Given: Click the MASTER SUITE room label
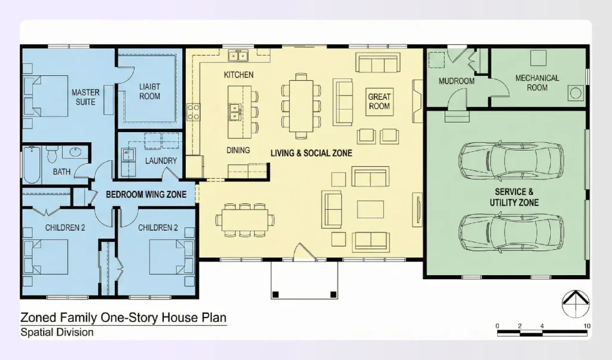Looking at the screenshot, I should (85, 97).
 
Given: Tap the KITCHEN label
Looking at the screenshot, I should (238, 75).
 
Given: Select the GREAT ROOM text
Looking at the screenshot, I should (379, 101).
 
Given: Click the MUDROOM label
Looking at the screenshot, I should (456, 81).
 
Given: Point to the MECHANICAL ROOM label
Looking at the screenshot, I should (537, 83).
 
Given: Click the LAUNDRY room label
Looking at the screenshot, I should (161, 160).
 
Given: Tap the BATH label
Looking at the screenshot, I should (61, 172).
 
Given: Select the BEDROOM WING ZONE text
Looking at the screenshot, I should (146, 194).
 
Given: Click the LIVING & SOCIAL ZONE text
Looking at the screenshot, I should (311, 153).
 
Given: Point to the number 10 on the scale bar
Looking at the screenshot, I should (587, 326).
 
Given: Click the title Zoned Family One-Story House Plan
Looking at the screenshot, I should (123, 317).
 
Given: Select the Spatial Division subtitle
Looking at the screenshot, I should (57, 332).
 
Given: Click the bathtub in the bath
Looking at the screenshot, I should (32, 164).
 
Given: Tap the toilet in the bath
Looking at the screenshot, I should (51, 155).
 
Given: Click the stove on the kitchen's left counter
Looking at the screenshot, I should (194, 112).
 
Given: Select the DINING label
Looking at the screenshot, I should (238, 150).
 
